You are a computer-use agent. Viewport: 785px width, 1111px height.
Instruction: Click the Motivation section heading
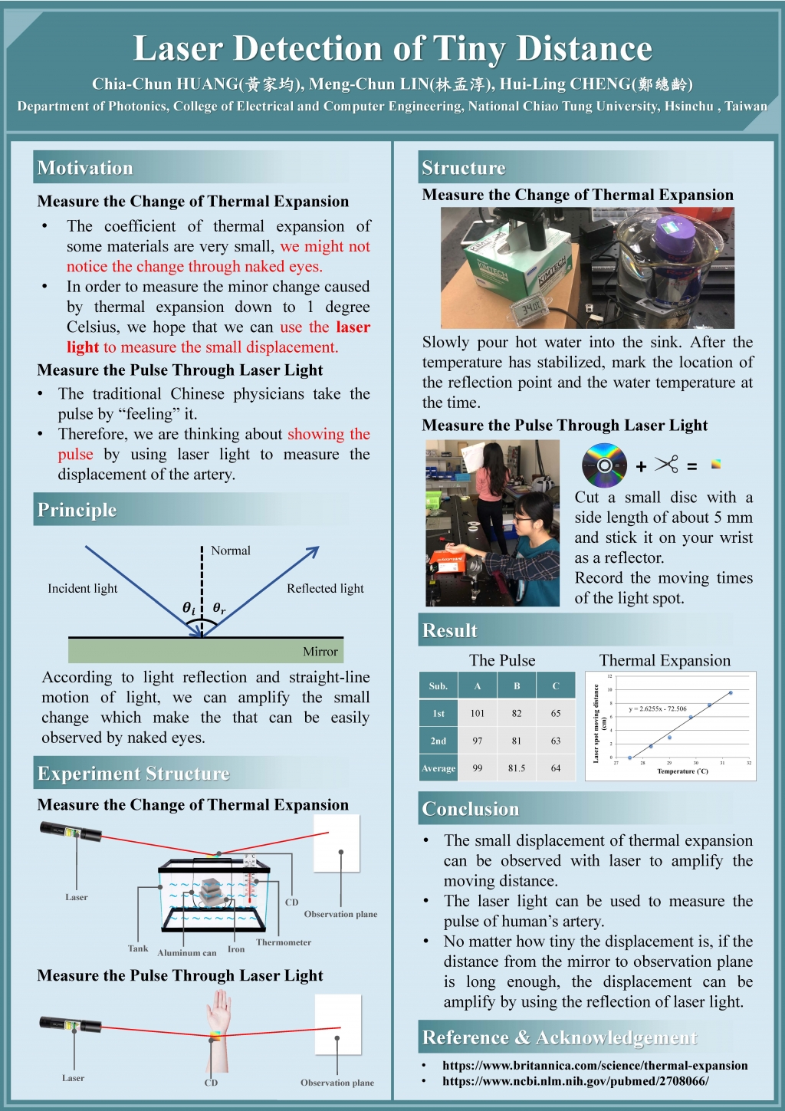pyautogui.click(x=85, y=168)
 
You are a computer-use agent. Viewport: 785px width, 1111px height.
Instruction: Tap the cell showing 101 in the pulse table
pyautogui.click(x=478, y=713)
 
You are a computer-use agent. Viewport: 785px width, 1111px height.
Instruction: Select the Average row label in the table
pyautogui.click(x=438, y=768)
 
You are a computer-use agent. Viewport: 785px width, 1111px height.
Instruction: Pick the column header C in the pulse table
pyautogui.click(x=556, y=686)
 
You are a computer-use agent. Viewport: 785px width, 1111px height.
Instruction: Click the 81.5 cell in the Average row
pyautogui.click(x=517, y=768)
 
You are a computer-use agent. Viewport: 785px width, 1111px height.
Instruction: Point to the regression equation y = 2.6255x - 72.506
pyautogui.click(x=658, y=708)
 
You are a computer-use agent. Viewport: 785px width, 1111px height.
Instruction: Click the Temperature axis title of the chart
pyautogui.click(x=682, y=771)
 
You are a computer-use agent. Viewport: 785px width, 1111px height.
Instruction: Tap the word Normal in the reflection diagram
pyautogui.click(x=231, y=551)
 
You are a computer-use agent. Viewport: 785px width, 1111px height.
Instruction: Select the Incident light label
pyautogui.click(x=83, y=588)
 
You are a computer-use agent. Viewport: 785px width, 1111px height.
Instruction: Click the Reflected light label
pyautogui.click(x=325, y=588)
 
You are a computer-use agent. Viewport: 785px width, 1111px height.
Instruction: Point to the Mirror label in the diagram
pyautogui.click(x=320, y=652)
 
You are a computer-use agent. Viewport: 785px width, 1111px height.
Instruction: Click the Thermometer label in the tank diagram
pyautogui.click(x=284, y=942)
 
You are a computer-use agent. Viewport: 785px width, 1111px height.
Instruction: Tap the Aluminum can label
pyautogui.click(x=187, y=953)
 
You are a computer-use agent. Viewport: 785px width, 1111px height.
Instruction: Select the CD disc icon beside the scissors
pyautogui.click(x=604, y=465)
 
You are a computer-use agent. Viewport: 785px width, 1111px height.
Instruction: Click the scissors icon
pyautogui.click(x=667, y=465)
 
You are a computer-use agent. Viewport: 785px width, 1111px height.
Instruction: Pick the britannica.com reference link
pyautogui.click(x=595, y=1065)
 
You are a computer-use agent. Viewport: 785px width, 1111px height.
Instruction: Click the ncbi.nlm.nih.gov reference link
pyautogui.click(x=575, y=1081)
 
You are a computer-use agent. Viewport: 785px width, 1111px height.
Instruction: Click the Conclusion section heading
pyautogui.click(x=471, y=809)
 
